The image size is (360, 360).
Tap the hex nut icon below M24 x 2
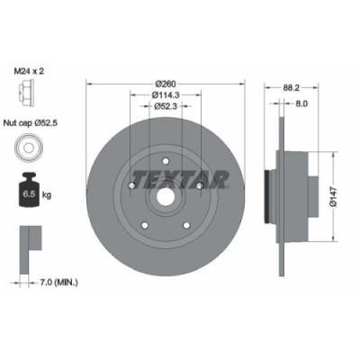27,91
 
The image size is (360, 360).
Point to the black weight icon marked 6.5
27,190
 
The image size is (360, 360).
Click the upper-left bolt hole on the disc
133,185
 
